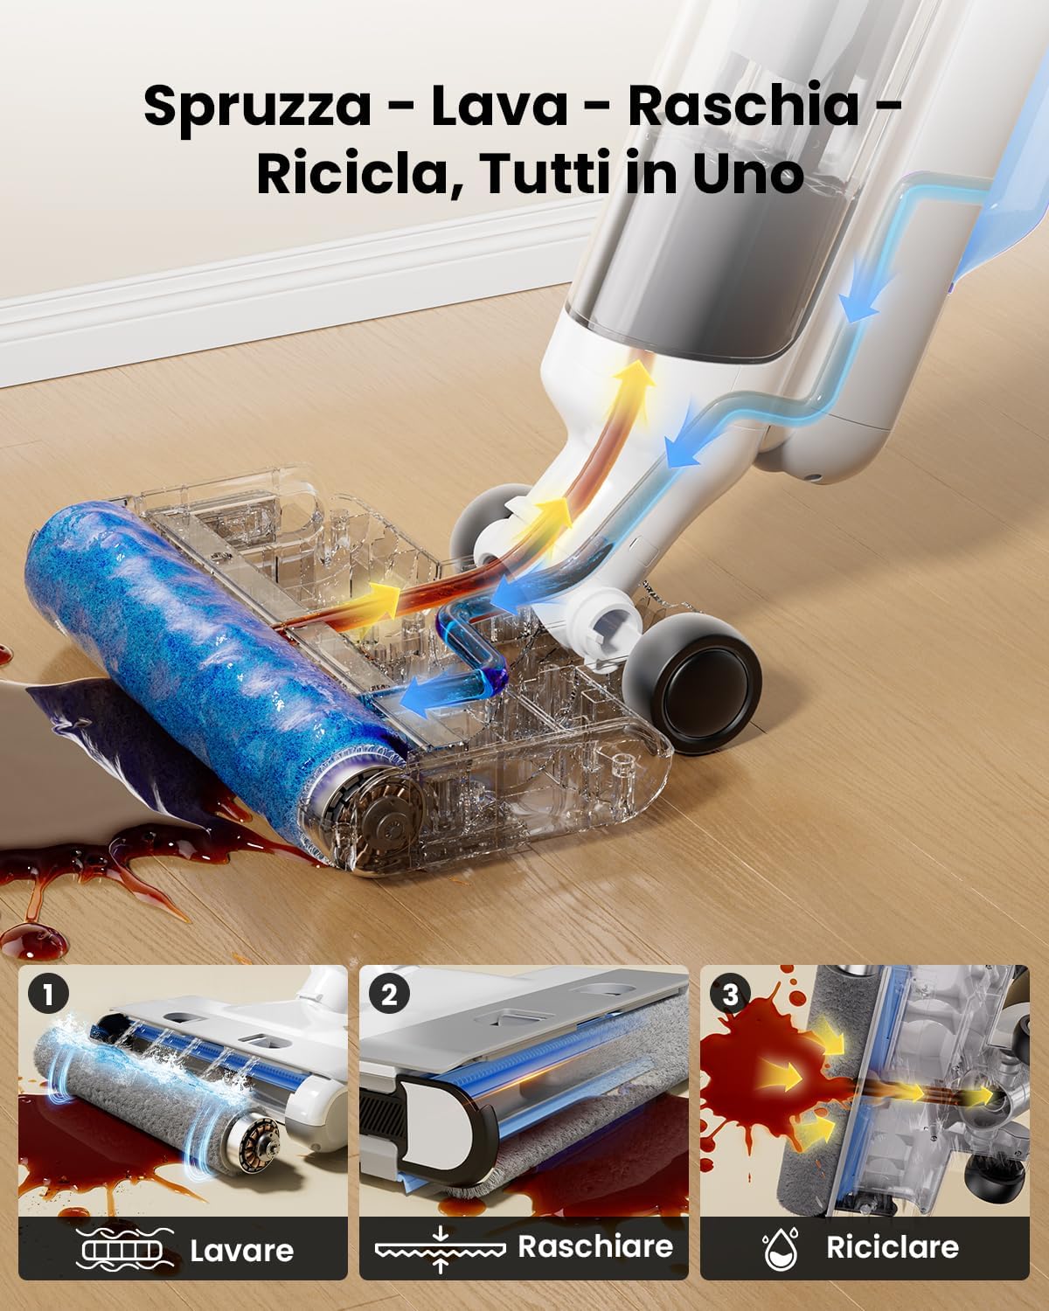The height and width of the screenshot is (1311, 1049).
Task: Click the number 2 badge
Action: tap(388, 994)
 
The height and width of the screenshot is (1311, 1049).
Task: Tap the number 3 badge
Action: tap(730, 994)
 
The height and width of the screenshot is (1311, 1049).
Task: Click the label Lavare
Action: tap(241, 1249)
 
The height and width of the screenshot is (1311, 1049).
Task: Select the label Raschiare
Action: tap(595, 1245)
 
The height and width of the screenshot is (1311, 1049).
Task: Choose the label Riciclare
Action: tap(892, 1246)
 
